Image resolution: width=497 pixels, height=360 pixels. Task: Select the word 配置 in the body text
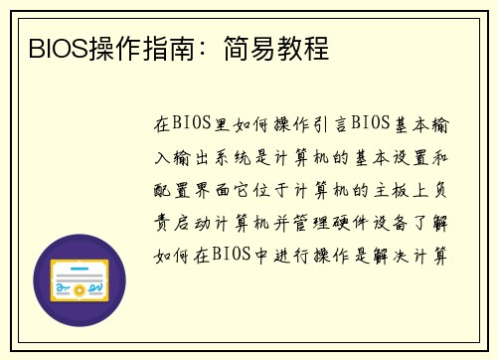[166, 189]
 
